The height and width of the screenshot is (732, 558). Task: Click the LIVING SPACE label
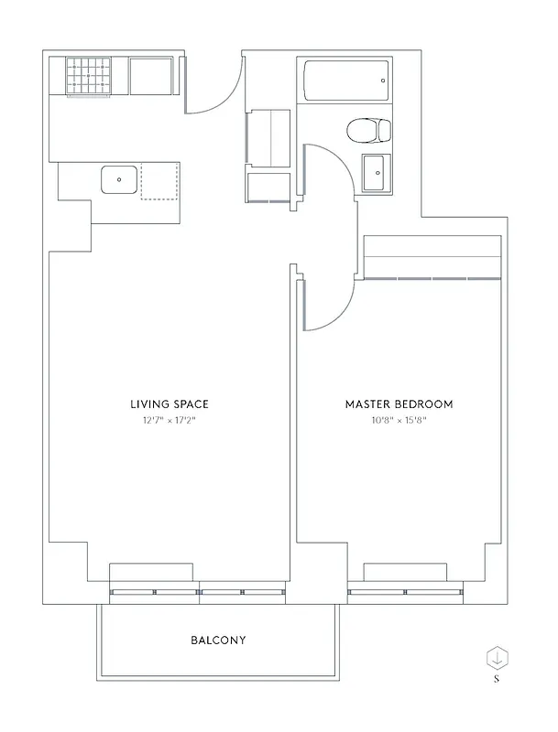pos(170,404)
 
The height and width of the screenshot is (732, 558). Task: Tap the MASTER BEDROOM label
pos(399,404)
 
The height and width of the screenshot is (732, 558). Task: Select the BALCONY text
pos(218,640)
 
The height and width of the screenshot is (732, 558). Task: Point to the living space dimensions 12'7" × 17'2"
pos(170,421)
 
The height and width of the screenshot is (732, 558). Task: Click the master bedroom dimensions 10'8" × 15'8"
pos(399,421)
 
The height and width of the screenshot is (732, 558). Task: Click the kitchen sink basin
pos(119,180)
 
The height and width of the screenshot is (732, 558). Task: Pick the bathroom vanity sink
pos(374,172)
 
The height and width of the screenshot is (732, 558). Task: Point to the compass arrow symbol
pos(496,656)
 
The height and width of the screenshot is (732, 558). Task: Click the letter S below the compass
pos(496,680)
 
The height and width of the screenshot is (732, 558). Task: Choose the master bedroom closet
pos(432,257)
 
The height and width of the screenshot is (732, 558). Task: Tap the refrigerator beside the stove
pos(151,76)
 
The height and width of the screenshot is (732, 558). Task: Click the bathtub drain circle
pos(382,80)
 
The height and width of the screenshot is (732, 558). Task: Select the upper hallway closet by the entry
pos(268,137)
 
